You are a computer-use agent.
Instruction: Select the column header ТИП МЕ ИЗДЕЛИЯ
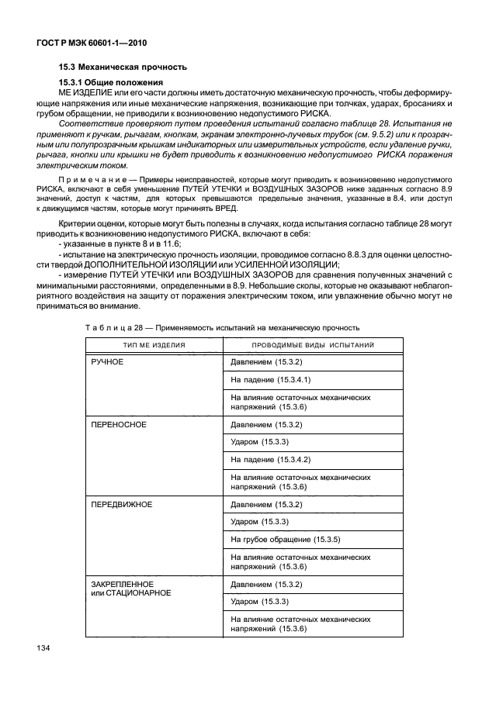(x=152, y=344)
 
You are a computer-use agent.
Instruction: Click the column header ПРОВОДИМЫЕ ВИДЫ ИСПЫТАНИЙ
(x=313, y=344)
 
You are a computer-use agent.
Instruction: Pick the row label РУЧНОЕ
(x=108, y=361)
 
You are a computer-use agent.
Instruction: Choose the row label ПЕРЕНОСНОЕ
(x=119, y=425)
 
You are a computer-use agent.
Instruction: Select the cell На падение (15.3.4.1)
(x=271, y=380)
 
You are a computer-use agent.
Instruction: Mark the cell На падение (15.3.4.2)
(x=271, y=460)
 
